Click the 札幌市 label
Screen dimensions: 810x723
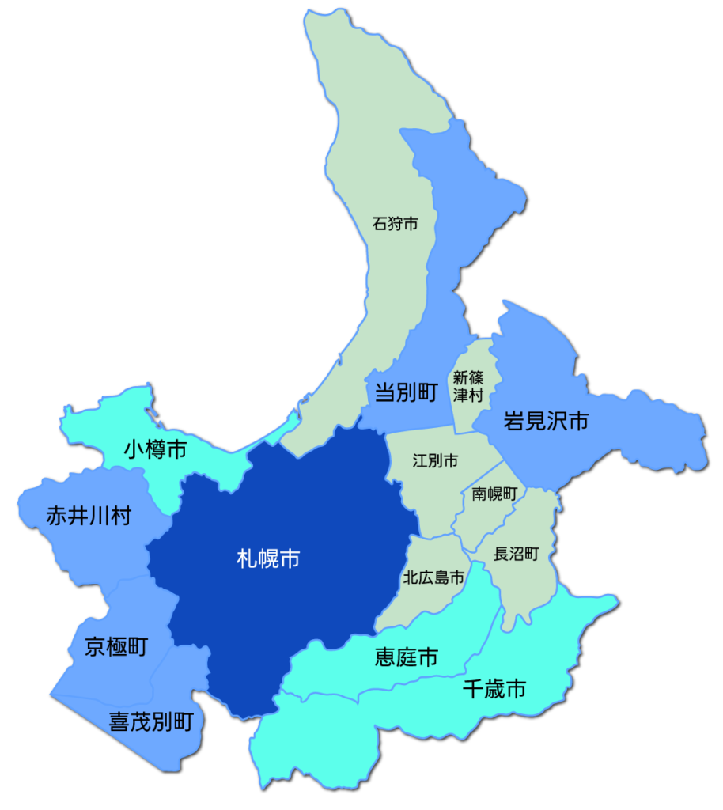click(268, 559)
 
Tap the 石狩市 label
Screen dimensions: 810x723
click(395, 224)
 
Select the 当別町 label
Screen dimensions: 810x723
click(406, 392)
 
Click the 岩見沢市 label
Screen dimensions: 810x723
click(546, 421)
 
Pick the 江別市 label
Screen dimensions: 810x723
click(435, 460)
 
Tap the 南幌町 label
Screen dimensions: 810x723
click(494, 494)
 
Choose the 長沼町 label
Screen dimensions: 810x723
click(516, 554)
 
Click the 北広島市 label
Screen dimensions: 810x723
click(433, 577)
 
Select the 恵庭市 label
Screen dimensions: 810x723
click(406, 657)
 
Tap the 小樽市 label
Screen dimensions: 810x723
click(156, 450)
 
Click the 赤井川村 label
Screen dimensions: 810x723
click(89, 517)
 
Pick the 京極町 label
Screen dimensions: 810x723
click(116, 647)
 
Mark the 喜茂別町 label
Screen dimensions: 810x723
click(150, 721)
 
